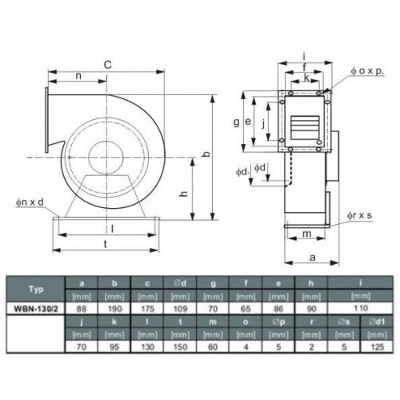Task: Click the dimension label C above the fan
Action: tap(107, 65)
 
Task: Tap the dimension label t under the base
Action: tap(106, 244)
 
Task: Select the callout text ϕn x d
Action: tap(30, 202)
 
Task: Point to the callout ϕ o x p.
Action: tap(367, 71)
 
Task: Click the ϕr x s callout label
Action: tap(359, 215)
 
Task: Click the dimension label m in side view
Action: tap(307, 234)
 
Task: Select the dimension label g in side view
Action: tap(236, 122)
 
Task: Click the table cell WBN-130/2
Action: tap(36, 309)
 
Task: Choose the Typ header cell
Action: tap(36, 289)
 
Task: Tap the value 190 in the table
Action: tap(114, 309)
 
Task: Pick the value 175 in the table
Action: tap(147, 309)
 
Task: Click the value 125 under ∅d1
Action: tap(377, 347)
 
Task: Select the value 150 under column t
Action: tap(180, 347)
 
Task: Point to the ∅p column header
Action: tap(278, 322)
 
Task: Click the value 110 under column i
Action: tap(361, 309)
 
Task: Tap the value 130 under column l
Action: tap(147, 347)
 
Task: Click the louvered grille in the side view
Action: tap(305, 127)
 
